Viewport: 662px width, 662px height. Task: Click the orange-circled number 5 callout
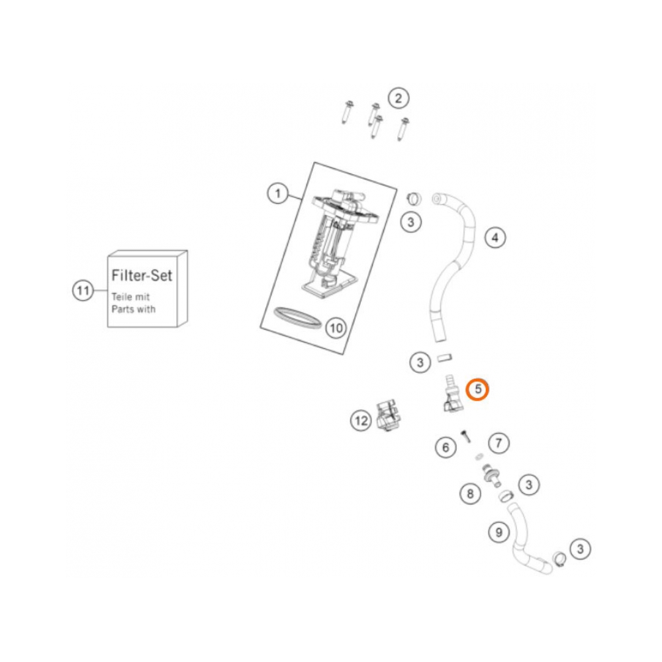pyautogui.click(x=477, y=389)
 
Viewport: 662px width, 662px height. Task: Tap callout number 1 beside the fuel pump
pyautogui.click(x=277, y=194)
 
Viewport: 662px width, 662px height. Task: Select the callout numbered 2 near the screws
pyautogui.click(x=398, y=99)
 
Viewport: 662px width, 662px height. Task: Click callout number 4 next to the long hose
pyautogui.click(x=495, y=238)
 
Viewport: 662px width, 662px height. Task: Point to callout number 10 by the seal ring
pyautogui.click(x=336, y=328)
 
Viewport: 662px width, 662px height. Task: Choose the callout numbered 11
pyautogui.click(x=83, y=291)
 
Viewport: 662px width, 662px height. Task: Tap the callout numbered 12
pyautogui.click(x=361, y=420)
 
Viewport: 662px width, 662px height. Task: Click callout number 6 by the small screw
pyautogui.click(x=446, y=447)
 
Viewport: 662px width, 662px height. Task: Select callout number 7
pyautogui.click(x=498, y=444)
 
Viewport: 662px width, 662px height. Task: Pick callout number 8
pyautogui.click(x=470, y=494)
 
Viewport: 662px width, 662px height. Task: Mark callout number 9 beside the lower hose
pyautogui.click(x=498, y=533)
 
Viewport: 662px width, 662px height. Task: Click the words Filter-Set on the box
pyautogui.click(x=142, y=275)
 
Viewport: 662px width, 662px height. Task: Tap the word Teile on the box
pyautogui.click(x=121, y=297)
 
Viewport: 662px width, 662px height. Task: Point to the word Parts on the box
pyautogui.click(x=122, y=309)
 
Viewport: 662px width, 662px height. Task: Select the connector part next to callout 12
pyautogui.click(x=389, y=416)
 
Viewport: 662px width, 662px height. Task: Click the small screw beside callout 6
pyautogui.click(x=465, y=436)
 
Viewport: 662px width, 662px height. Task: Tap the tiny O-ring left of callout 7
pyautogui.click(x=479, y=456)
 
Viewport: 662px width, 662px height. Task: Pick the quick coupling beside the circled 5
pyautogui.click(x=453, y=393)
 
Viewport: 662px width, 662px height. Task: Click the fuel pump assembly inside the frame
pyautogui.click(x=338, y=244)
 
